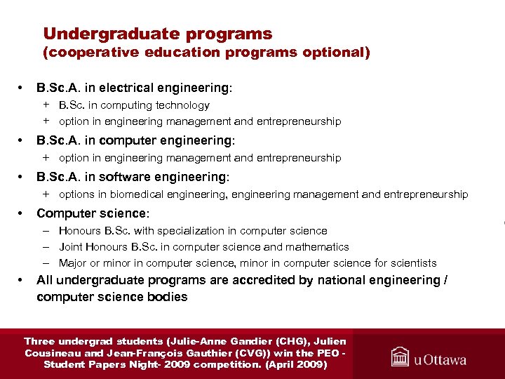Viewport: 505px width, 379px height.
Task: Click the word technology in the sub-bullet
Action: (183, 105)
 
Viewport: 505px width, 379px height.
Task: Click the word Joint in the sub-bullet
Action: (71, 247)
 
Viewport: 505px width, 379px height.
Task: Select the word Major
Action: (73, 263)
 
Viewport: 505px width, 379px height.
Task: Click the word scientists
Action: (412, 263)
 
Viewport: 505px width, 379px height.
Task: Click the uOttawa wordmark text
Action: (440, 359)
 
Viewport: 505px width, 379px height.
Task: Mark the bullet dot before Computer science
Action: (22, 213)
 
